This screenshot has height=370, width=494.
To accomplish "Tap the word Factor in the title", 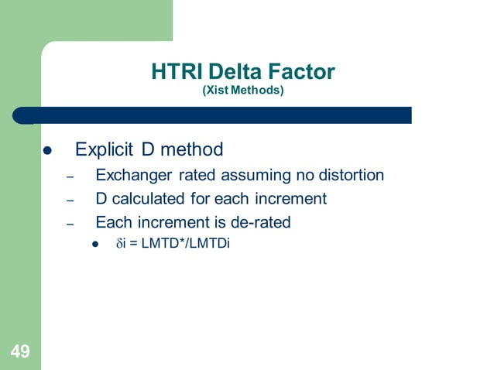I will click(x=299, y=73).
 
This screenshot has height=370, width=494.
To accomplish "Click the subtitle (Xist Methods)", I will click(x=242, y=91).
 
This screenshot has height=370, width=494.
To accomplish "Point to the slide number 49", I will click(x=20, y=353).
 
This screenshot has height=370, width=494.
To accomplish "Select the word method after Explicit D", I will click(x=191, y=149).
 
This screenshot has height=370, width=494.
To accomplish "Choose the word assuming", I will click(x=252, y=175).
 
